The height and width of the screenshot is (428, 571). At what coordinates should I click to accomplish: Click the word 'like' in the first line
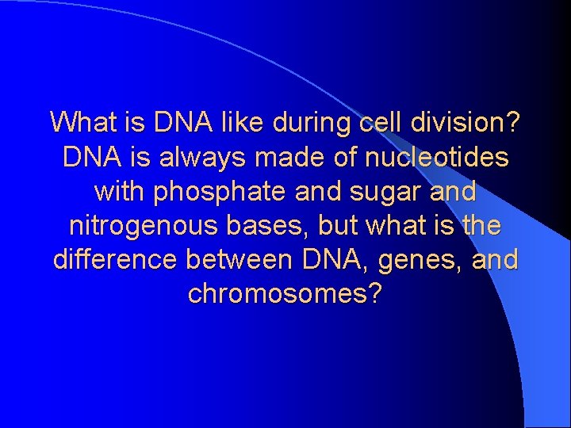coord(238,124)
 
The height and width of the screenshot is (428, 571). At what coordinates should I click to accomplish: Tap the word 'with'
coord(119,192)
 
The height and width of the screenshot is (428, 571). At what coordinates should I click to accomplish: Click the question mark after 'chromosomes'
coord(375,294)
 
